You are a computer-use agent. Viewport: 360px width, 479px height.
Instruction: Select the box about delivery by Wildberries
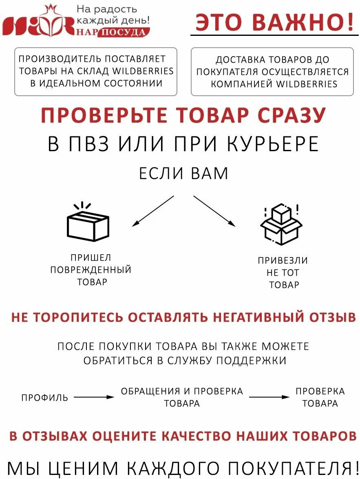(x=272, y=72)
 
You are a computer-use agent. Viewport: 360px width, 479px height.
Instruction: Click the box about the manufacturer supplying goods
(x=96, y=71)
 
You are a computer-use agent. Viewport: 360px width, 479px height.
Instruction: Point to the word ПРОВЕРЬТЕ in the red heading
(x=104, y=116)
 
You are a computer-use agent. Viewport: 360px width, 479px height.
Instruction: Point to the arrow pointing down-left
(x=153, y=211)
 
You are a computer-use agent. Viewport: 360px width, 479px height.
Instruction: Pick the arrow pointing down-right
(x=214, y=211)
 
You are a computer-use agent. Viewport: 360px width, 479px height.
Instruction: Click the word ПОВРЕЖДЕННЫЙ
(x=91, y=270)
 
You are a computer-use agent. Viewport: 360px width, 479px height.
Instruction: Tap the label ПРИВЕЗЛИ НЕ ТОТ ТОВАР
(x=283, y=272)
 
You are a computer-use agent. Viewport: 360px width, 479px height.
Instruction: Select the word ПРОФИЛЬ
(x=45, y=398)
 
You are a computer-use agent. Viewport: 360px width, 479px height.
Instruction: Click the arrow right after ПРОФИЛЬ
(x=94, y=397)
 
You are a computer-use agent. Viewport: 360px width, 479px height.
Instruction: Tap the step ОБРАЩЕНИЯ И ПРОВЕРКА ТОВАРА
(x=182, y=397)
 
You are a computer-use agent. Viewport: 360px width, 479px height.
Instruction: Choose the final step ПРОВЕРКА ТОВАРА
(x=320, y=397)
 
